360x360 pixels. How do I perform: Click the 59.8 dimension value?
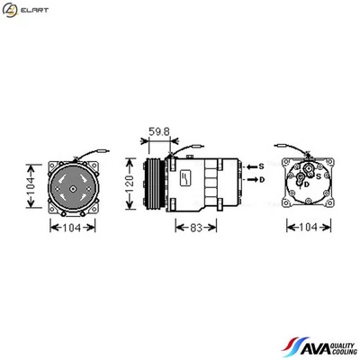(x=159, y=132)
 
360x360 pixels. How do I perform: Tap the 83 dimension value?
(x=196, y=228)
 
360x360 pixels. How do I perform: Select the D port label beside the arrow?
(x=263, y=179)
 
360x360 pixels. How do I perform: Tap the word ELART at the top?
(x=35, y=10)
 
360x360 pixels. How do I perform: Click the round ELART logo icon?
(x=10, y=10)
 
